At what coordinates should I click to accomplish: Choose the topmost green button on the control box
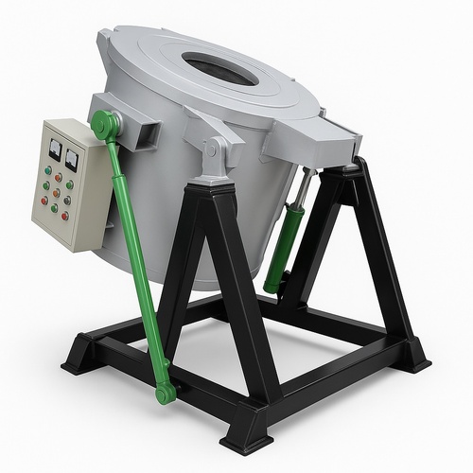tap(47, 171)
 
